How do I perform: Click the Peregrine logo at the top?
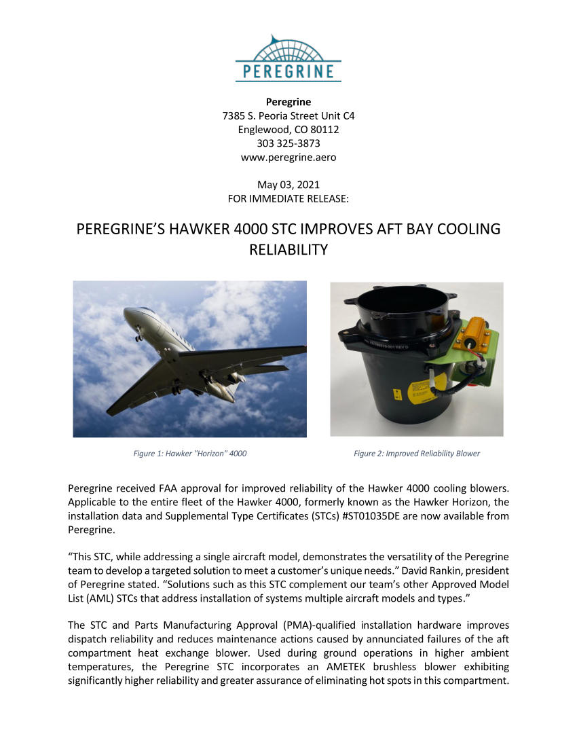[288, 59]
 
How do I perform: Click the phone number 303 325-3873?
[288, 143]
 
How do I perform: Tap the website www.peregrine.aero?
[288, 157]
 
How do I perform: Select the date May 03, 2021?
[288, 185]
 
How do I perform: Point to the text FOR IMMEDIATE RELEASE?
[288, 198]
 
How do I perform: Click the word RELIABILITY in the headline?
[288, 249]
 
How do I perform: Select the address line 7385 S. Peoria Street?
[288, 115]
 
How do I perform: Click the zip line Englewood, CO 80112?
[288, 129]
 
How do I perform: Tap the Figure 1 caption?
[189, 453]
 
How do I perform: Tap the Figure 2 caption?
[416, 453]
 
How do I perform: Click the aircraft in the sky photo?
[197, 360]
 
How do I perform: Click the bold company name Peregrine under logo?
[288, 102]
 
